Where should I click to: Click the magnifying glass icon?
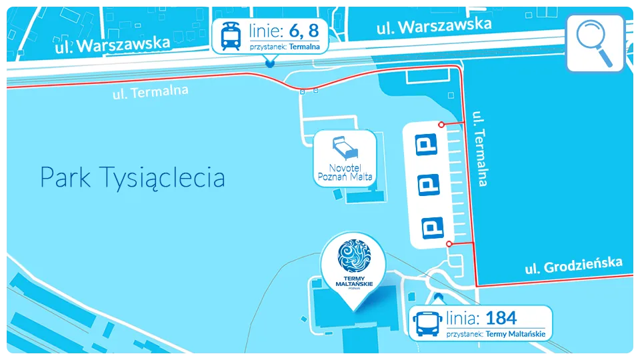tap(595, 42)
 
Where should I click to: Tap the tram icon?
tap(231, 36)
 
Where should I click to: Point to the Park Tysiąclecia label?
tap(132, 178)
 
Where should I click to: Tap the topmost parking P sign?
tap(427, 145)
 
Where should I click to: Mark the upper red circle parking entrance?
tap(441, 125)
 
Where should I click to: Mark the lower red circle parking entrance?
tap(449, 245)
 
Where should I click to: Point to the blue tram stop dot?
tap(269, 63)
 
